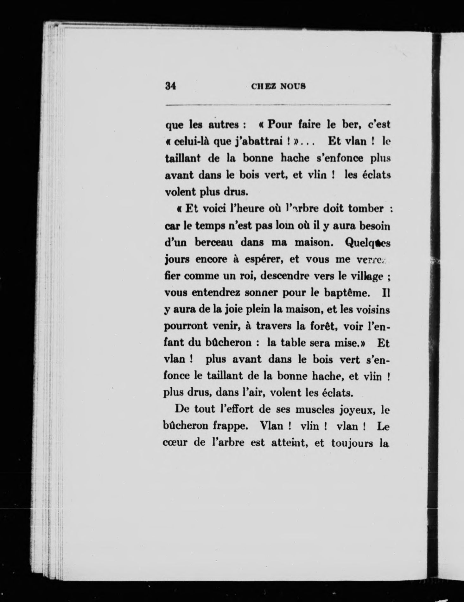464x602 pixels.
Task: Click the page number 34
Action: [x=170, y=86]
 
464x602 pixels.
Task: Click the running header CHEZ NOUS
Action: [x=278, y=86]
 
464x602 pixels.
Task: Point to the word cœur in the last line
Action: [x=175, y=443]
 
